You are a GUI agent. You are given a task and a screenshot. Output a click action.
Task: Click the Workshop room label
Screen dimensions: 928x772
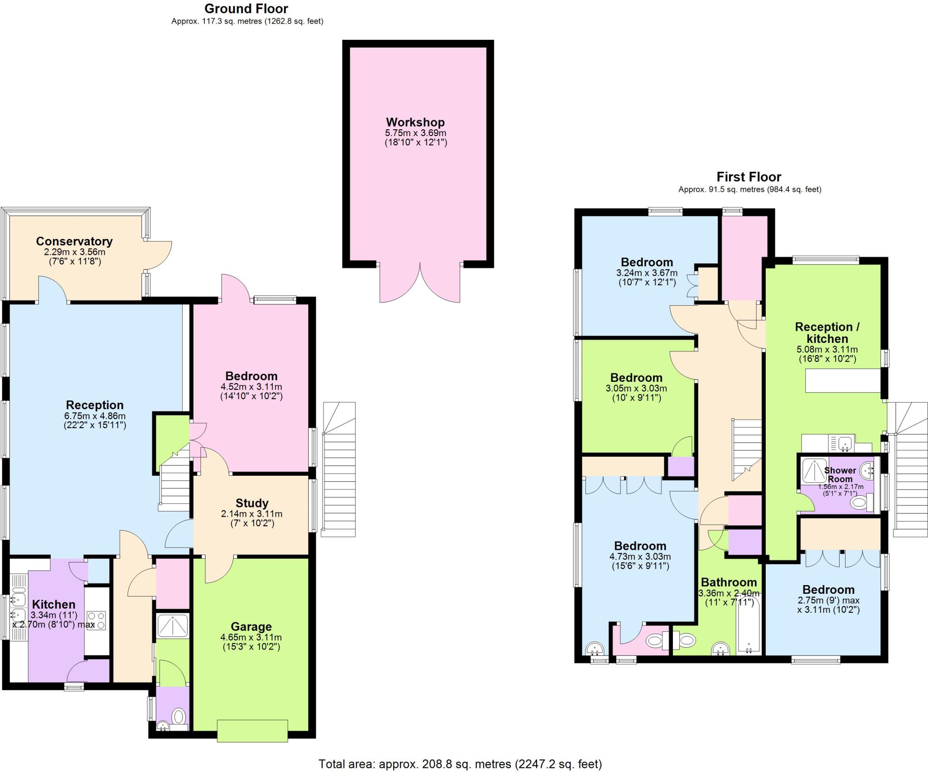click(x=415, y=122)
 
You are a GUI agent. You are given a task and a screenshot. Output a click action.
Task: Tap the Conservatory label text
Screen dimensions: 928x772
click(x=74, y=241)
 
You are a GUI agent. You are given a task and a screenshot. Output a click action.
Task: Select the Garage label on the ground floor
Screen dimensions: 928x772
click(x=251, y=627)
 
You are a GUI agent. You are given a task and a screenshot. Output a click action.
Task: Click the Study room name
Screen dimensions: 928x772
click(x=252, y=503)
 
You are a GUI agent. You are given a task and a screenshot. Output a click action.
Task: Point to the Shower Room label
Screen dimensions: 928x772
click(x=840, y=474)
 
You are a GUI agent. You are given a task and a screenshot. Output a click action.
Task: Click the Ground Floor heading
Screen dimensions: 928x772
click(x=246, y=9)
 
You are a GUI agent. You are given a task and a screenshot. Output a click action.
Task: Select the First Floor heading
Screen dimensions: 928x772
click(x=749, y=176)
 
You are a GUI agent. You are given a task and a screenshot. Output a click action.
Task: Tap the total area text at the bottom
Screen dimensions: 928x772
click(x=460, y=764)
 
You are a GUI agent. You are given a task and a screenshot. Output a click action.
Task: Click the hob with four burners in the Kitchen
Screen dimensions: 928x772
click(x=96, y=621)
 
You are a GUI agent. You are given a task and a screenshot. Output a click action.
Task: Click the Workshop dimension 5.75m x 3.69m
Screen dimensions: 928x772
click(x=416, y=133)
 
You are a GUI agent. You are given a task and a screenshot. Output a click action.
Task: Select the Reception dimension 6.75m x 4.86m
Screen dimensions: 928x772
click(x=95, y=416)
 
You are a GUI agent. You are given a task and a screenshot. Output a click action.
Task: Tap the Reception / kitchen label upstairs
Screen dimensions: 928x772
click(x=827, y=333)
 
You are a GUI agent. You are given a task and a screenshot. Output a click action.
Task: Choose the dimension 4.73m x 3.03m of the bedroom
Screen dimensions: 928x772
click(x=640, y=557)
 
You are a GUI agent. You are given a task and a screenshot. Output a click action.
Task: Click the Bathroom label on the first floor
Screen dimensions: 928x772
click(x=729, y=582)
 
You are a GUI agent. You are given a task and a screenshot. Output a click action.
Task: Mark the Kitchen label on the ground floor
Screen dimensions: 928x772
click(x=53, y=604)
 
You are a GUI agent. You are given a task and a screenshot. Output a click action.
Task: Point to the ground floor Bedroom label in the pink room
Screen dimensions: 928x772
click(x=251, y=376)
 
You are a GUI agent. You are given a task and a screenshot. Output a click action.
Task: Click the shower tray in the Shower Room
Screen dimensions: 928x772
click(x=814, y=470)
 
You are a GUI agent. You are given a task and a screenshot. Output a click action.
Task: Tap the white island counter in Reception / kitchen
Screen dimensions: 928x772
click(x=843, y=381)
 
